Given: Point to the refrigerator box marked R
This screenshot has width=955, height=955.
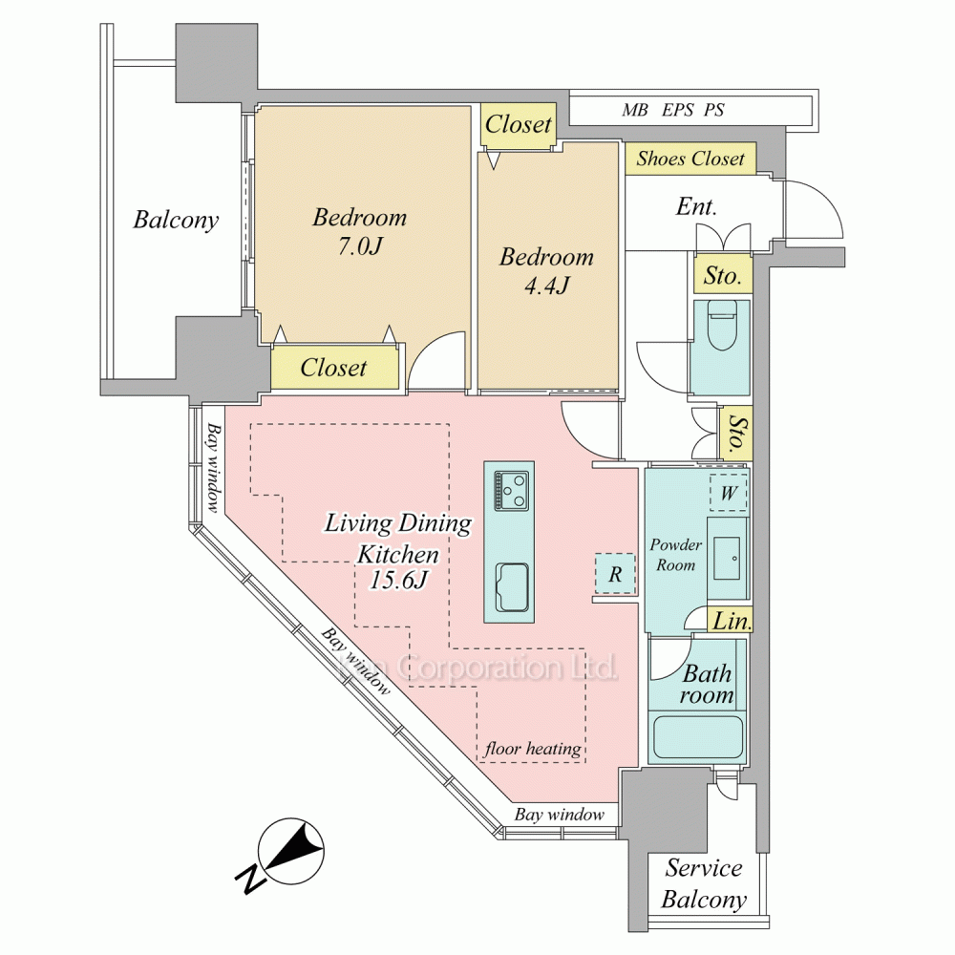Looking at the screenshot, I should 616,575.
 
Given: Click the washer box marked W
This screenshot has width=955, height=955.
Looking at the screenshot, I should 728,494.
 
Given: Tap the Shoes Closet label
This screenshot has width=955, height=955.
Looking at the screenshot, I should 690,159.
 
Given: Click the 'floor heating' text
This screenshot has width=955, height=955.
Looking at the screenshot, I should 532,749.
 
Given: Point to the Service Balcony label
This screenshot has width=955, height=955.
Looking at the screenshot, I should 704,883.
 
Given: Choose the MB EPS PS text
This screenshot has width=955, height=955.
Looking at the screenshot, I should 672,110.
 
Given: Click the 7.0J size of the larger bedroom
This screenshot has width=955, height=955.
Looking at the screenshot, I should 359,245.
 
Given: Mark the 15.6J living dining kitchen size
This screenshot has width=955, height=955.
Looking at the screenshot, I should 398,580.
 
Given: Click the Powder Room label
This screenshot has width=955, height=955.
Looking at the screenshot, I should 675,555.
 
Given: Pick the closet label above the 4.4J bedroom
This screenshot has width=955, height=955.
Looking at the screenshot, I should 519,124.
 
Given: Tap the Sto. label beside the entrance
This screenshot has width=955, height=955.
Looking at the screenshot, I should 722,277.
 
